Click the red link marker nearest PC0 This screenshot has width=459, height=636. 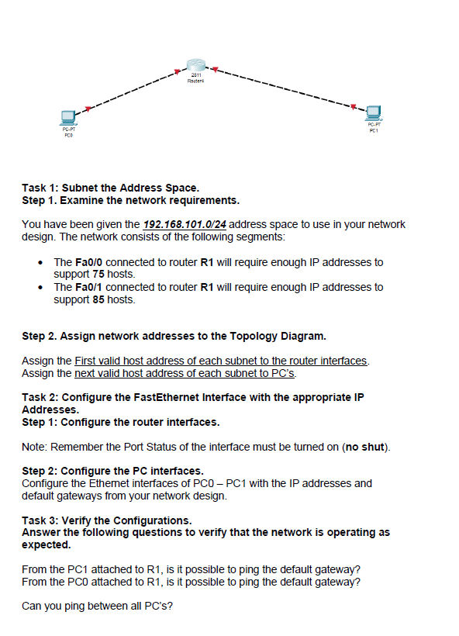coord(89,108)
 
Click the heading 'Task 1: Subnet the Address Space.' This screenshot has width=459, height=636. coord(110,188)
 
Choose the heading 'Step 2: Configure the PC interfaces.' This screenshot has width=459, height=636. coord(113,471)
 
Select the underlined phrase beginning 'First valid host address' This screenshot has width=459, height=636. coord(221,361)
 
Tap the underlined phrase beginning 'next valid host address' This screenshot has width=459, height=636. coord(185,372)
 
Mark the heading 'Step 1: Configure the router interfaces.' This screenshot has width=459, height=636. coord(121,423)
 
